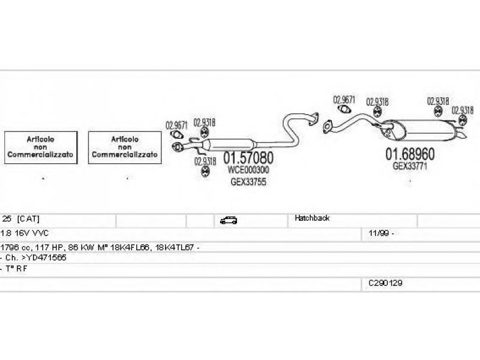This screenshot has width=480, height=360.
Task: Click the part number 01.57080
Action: (x=248, y=158)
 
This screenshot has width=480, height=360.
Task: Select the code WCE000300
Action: (x=249, y=170)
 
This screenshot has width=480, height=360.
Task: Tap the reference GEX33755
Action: (x=248, y=182)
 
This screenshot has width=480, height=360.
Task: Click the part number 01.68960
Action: (x=410, y=154)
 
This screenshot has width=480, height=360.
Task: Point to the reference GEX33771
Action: (x=410, y=166)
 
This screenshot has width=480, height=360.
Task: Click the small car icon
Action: (x=228, y=220)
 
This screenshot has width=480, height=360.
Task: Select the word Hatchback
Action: (x=312, y=218)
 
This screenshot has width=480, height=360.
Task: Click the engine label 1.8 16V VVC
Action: (x=25, y=232)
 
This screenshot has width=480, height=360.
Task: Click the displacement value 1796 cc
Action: (x=16, y=247)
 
